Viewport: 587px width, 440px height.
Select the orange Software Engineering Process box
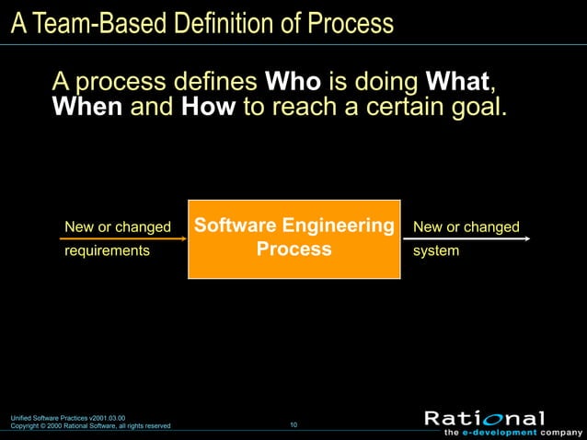293,238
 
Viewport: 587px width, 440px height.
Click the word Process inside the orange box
293,250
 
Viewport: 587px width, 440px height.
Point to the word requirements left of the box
107,250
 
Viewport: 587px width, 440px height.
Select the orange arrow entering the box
120,238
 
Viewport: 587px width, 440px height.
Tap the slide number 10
293,424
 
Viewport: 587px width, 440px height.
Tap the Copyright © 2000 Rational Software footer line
90,426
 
